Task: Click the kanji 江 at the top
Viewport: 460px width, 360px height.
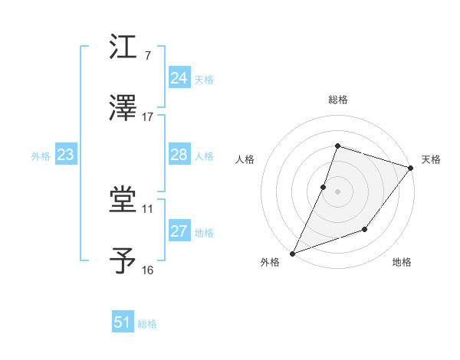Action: tap(123, 47)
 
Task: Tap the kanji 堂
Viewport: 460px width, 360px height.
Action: tap(123, 201)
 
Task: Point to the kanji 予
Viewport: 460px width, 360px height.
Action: tap(123, 261)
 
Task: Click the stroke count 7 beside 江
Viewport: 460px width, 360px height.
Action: tap(148, 57)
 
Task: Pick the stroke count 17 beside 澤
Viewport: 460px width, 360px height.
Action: tap(148, 117)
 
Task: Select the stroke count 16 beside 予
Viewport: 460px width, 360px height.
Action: tap(148, 270)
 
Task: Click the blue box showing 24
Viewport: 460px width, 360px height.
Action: tap(179, 78)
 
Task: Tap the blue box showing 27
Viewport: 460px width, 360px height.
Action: tap(179, 231)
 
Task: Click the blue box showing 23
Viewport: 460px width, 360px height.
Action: tap(65, 155)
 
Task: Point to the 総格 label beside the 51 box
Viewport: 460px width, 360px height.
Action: tap(147, 324)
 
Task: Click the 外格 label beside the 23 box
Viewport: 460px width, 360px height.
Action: tap(41, 156)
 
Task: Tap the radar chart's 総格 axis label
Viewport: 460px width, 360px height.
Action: tap(337, 100)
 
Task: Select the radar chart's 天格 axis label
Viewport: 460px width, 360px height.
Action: tap(431, 159)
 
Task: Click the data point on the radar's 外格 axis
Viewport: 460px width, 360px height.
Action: tap(292, 254)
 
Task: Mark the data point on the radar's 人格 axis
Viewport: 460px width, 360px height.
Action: tap(324, 187)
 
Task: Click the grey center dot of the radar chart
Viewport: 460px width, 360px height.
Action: tap(337, 191)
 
